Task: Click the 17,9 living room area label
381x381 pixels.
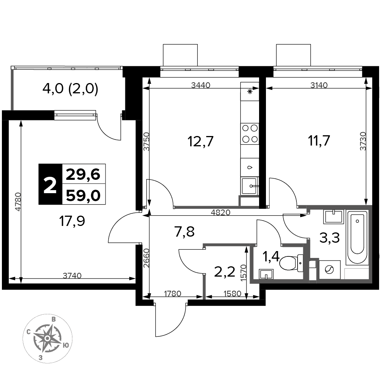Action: [x=72, y=221]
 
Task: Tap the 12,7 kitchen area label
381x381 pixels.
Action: [x=200, y=141]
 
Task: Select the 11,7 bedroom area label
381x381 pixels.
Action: [x=319, y=141]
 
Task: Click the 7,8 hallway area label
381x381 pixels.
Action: [x=184, y=231]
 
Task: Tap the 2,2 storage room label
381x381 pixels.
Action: [x=224, y=272]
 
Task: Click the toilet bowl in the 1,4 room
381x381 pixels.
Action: [x=291, y=263]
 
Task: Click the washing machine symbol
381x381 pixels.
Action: [x=329, y=270]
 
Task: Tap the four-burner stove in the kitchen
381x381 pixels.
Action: [x=250, y=134]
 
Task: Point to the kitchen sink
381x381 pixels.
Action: [x=249, y=186]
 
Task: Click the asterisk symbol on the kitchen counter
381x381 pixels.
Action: [x=250, y=91]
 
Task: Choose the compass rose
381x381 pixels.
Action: [x=48, y=338]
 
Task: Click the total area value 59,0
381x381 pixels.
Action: [x=83, y=195]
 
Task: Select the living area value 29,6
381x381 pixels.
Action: [x=83, y=174]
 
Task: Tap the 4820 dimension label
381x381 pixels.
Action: [x=220, y=212]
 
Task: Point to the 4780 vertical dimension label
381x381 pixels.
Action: [x=18, y=202]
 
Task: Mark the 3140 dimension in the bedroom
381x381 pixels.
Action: [x=319, y=85]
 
